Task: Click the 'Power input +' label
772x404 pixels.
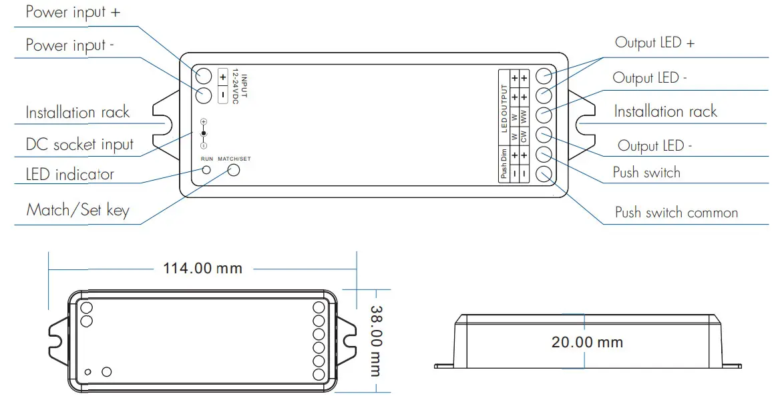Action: coord(73,13)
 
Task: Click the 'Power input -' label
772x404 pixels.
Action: coord(70,45)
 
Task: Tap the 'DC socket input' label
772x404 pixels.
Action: coord(80,145)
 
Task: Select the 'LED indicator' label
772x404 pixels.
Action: coord(70,175)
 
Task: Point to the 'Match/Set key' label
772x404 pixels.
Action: coord(77,211)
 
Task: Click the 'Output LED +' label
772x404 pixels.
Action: coord(654,43)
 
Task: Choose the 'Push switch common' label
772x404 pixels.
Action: coord(676,213)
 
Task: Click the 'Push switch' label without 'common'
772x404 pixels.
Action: coord(646,173)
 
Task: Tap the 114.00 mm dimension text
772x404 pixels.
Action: coord(202,269)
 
